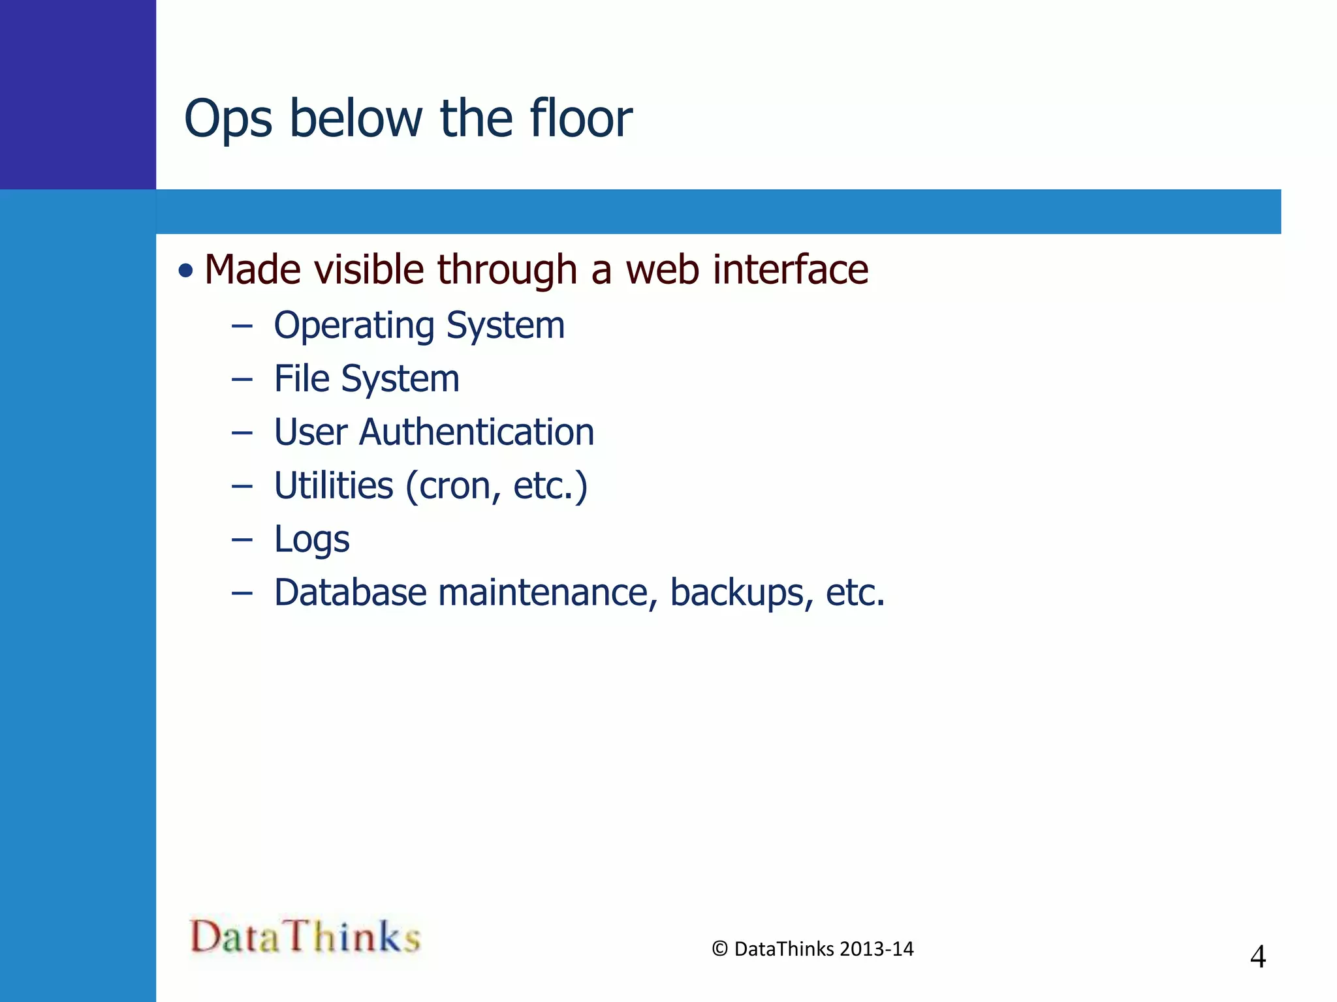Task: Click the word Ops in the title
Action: (228, 119)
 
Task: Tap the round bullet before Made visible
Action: (186, 270)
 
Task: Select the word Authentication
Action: (477, 432)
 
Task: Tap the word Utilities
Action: (334, 485)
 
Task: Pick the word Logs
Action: (311, 540)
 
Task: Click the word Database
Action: (351, 592)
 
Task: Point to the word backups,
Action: (742, 592)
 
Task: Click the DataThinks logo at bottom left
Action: (305, 937)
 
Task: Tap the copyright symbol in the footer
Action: (719, 949)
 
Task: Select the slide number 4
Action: (1257, 957)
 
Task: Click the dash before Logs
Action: (242, 539)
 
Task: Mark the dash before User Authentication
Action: (242, 433)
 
